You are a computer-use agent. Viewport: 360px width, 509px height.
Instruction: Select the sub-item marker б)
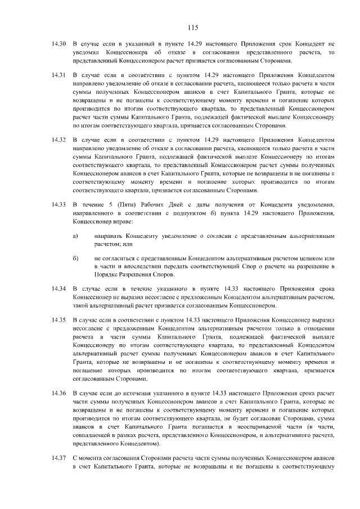point(75,257)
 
